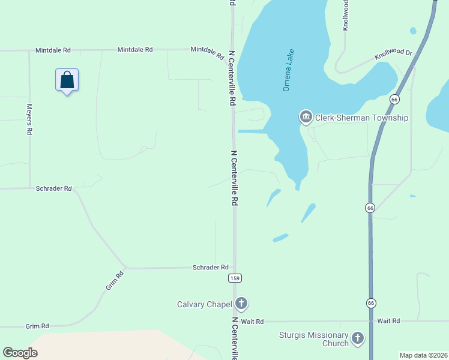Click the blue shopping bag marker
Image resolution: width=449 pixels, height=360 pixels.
point(67,80)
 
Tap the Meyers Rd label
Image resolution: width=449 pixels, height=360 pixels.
point(29,119)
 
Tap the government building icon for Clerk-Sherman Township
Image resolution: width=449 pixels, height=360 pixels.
point(306,117)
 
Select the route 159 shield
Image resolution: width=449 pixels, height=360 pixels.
point(235,278)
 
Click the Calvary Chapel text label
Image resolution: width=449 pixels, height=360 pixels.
point(204,304)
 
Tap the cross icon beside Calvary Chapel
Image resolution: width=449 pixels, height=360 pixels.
point(241,304)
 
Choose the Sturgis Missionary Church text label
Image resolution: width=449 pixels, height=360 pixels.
point(314,339)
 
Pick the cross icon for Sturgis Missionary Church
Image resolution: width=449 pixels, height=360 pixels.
point(358,338)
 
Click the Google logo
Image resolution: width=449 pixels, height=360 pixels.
point(20,352)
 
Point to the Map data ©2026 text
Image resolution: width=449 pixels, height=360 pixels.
point(423,355)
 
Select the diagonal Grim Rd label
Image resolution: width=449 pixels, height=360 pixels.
point(114,280)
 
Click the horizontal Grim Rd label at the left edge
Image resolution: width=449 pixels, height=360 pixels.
point(37,326)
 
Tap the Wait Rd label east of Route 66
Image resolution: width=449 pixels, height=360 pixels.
point(388,321)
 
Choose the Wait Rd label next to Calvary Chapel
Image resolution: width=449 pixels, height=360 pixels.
point(252,322)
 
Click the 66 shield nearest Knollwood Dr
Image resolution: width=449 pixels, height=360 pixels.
point(394,99)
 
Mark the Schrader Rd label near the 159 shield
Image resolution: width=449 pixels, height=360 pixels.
point(211,267)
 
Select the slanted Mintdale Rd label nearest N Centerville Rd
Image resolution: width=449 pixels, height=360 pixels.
point(207,52)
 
